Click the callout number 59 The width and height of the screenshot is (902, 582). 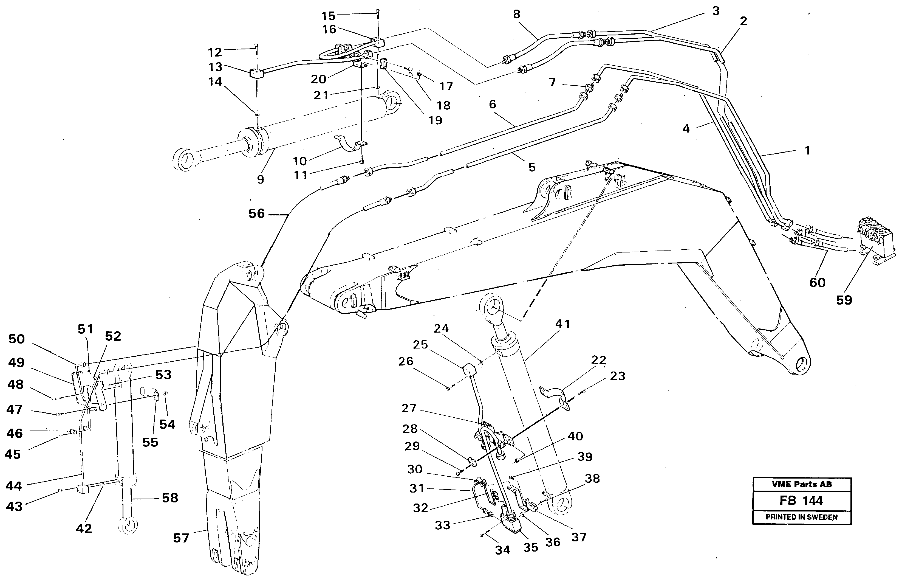coord(844,300)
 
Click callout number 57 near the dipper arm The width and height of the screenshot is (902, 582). coord(181,538)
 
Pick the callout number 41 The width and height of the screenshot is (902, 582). coord(562,324)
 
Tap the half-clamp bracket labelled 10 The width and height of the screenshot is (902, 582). coord(351,145)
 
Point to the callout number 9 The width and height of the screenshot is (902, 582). coord(260,179)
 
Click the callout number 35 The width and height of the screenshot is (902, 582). coord(530,548)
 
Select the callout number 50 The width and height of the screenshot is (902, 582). coord(17,339)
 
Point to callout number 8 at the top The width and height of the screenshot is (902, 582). coord(516,14)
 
